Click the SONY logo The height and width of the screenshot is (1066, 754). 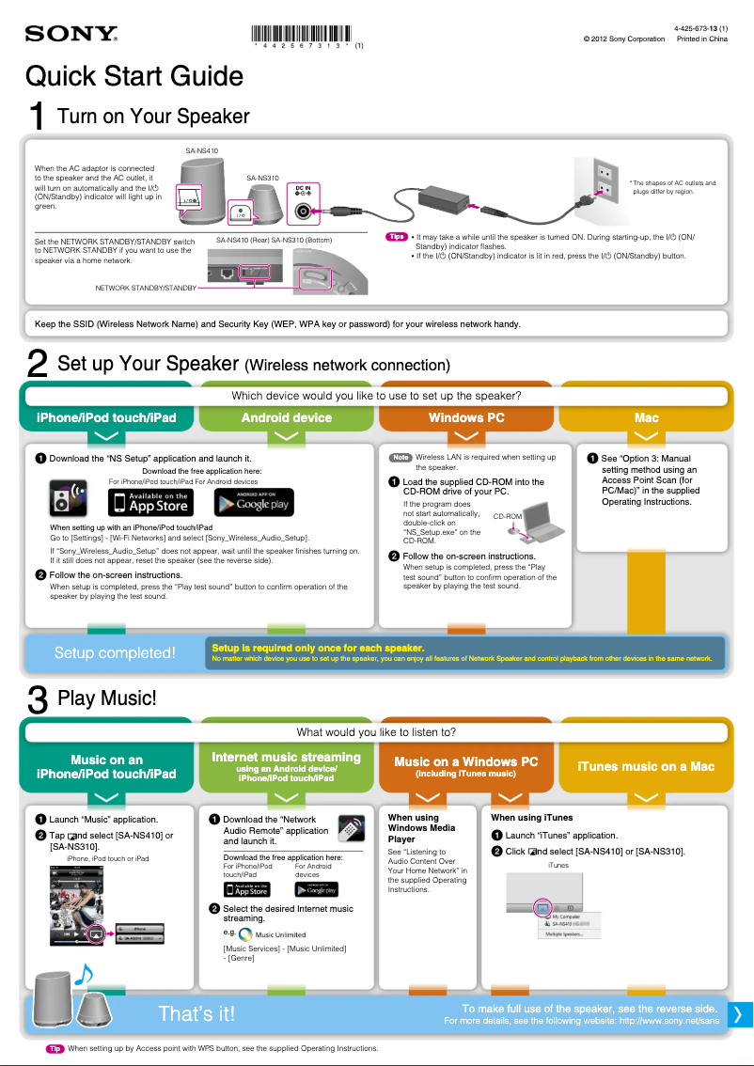pos(71,35)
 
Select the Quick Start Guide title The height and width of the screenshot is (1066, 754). pos(134,76)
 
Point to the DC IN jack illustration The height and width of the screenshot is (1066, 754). pos(303,208)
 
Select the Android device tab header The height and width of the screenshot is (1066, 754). pos(286,417)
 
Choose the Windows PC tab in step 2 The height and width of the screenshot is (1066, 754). pos(466,417)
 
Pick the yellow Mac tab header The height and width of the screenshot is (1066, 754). pos(646,417)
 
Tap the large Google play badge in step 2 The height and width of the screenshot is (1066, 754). pos(253,502)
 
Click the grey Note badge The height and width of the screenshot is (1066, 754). pos(401,458)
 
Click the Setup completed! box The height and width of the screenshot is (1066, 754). pos(114,652)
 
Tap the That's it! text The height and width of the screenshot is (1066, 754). pos(196,1013)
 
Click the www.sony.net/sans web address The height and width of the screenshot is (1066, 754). pos(668,1020)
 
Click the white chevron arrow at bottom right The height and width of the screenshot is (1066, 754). pos(739,1013)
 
